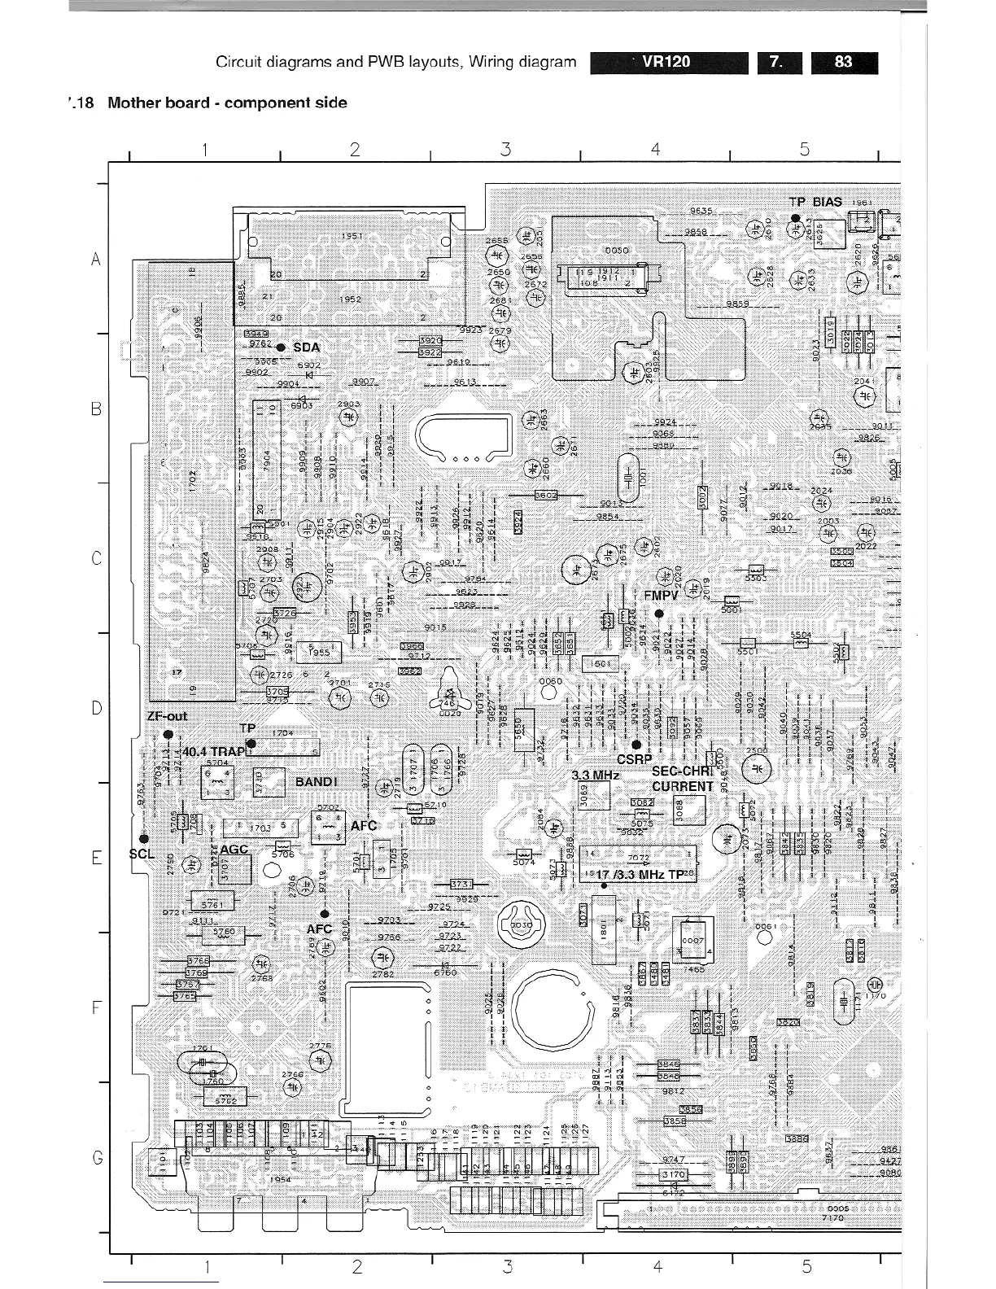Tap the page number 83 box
tap(844, 63)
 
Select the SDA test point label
tap(306, 347)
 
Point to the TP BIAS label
tap(815, 201)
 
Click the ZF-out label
tap(168, 716)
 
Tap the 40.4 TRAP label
tap(214, 751)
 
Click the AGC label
tap(234, 848)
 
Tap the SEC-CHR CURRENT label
tap(682, 779)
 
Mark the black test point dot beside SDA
tap(280, 347)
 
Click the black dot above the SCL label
tap(143, 838)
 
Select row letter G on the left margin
tap(97, 1156)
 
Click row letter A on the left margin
tap(97, 260)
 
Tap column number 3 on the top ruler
tap(505, 149)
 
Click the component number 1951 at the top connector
tap(352, 236)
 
